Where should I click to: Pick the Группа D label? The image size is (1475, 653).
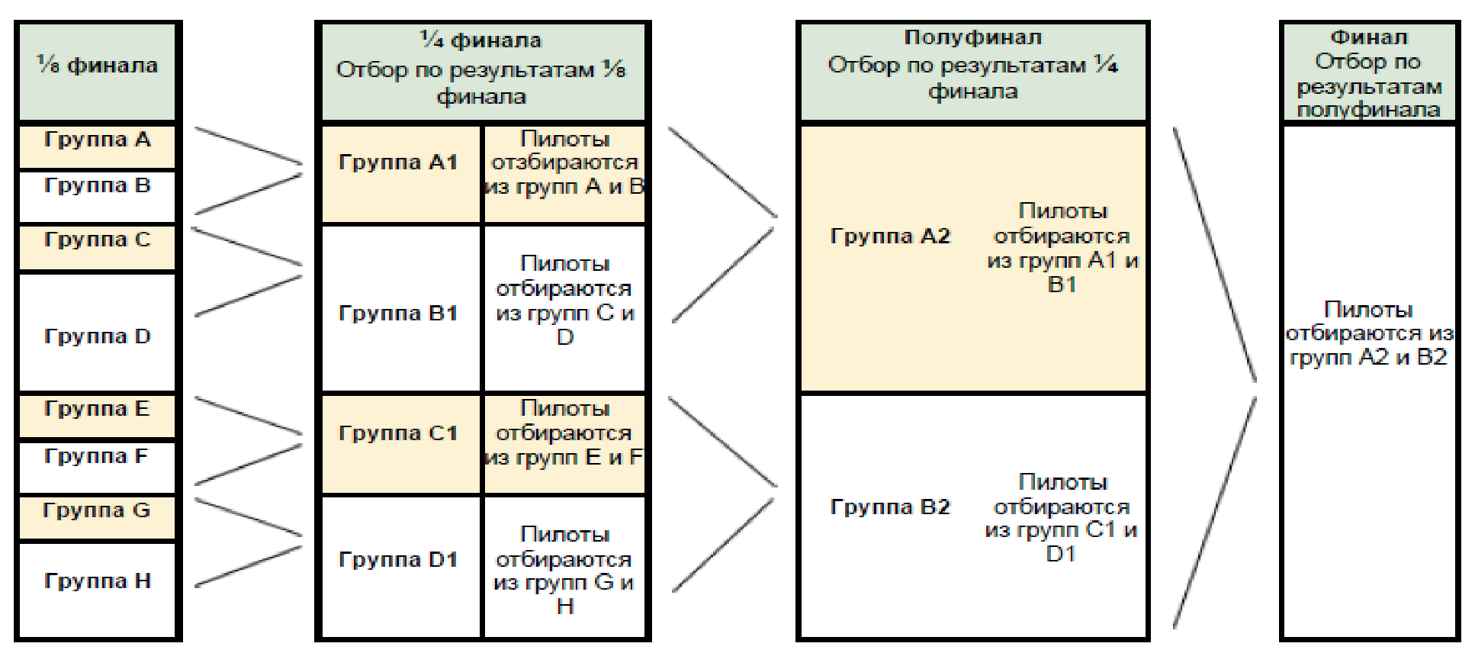pos(97,336)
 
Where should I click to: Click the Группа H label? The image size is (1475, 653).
pos(97,581)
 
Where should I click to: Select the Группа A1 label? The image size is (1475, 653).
pos(398,162)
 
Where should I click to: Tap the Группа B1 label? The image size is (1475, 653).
pos(398,314)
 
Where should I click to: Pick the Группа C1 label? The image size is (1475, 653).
pos(398,434)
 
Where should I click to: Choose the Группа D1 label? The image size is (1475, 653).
pos(398,560)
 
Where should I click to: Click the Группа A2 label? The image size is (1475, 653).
pos(890,236)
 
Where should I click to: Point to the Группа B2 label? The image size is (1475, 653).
pos(890,507)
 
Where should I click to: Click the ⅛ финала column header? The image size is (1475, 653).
pos(97,66)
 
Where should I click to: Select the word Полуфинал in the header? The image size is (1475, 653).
pos(972,38)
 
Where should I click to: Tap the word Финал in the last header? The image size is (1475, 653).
pos(1369,38)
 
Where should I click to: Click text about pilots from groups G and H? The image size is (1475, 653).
pos(564,570)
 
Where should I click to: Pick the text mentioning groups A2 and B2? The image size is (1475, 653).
pos(1369,333)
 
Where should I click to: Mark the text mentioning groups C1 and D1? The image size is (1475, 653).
pos(1062,518)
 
